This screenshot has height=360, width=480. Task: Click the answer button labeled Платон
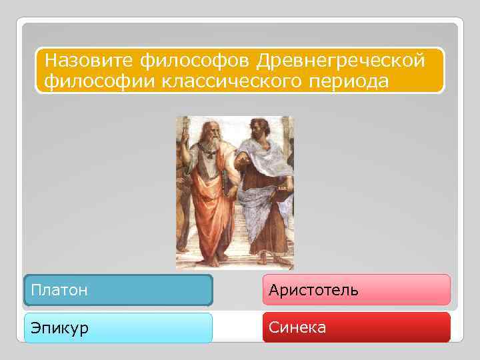(118, 291)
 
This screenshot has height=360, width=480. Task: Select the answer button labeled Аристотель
(356, 291)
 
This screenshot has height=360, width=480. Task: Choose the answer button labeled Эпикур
(118, 328)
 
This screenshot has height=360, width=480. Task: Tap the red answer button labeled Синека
(356, 327)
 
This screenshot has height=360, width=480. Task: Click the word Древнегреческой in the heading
(340, 61)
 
